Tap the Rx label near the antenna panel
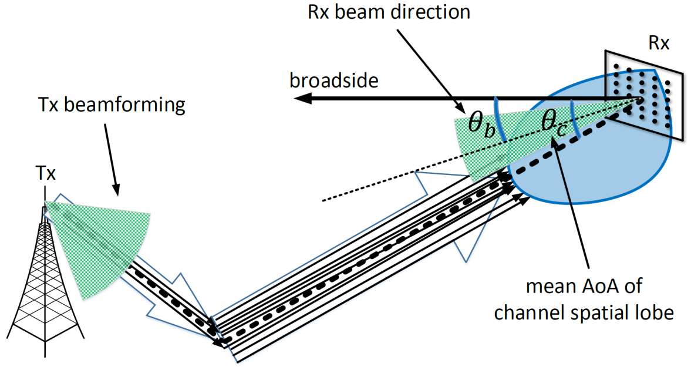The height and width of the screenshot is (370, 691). [658, 43]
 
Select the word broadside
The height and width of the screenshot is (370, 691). [333, 80]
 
